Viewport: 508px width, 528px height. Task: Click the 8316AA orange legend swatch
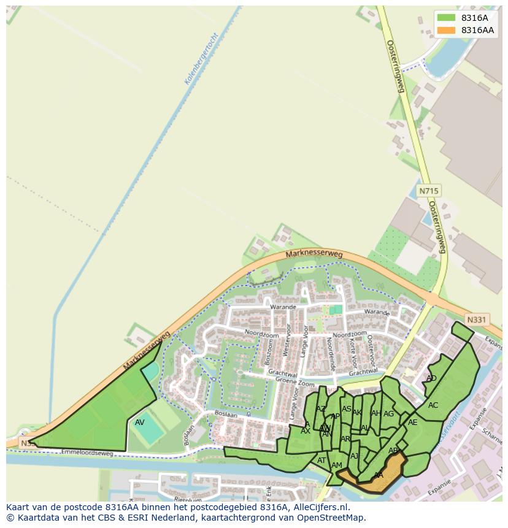(446, 30)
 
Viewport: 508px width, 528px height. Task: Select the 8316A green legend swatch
(446, 18)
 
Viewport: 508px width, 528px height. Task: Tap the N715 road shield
(428, 191)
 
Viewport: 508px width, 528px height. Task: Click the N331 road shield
(476, 319)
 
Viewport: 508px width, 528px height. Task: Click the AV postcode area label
(140, 423)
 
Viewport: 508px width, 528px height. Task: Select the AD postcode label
(431, 378)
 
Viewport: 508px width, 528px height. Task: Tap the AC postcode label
(433, 405)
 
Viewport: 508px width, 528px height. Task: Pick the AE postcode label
(412, 423)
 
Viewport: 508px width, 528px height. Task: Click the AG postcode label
(388, 414)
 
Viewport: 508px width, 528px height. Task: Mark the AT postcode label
(321, 461)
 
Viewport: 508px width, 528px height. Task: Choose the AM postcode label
(336, 465)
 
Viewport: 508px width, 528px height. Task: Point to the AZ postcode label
(321, 409)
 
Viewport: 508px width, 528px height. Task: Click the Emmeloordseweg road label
(87, 453)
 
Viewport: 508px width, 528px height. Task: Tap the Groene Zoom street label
(294, 381)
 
